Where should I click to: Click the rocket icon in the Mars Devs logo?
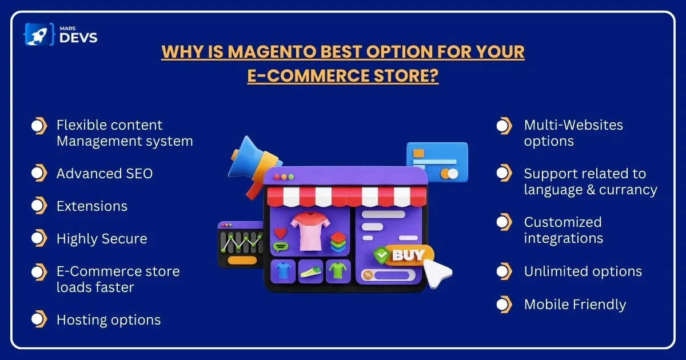coord(39,34)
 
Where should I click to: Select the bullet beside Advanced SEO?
coord(39,173)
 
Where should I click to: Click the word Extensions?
coord(92,206)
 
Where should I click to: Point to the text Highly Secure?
coord(102,239)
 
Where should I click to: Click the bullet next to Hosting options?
coord(39,319)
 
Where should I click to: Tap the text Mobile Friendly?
coord(575,305)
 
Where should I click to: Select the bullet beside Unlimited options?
coord(504,271)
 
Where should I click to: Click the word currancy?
coord(628,190)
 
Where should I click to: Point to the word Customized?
coord(563,222)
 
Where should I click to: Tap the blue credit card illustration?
coord(438,162)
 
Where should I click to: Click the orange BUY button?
coord(409,255)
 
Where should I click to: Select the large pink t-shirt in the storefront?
coord(310,231)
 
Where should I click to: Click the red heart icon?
coord(280,233)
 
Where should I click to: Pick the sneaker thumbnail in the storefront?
coord(310,271)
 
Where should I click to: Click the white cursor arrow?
coord(437,274)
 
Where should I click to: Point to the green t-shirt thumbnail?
coord(338,271)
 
